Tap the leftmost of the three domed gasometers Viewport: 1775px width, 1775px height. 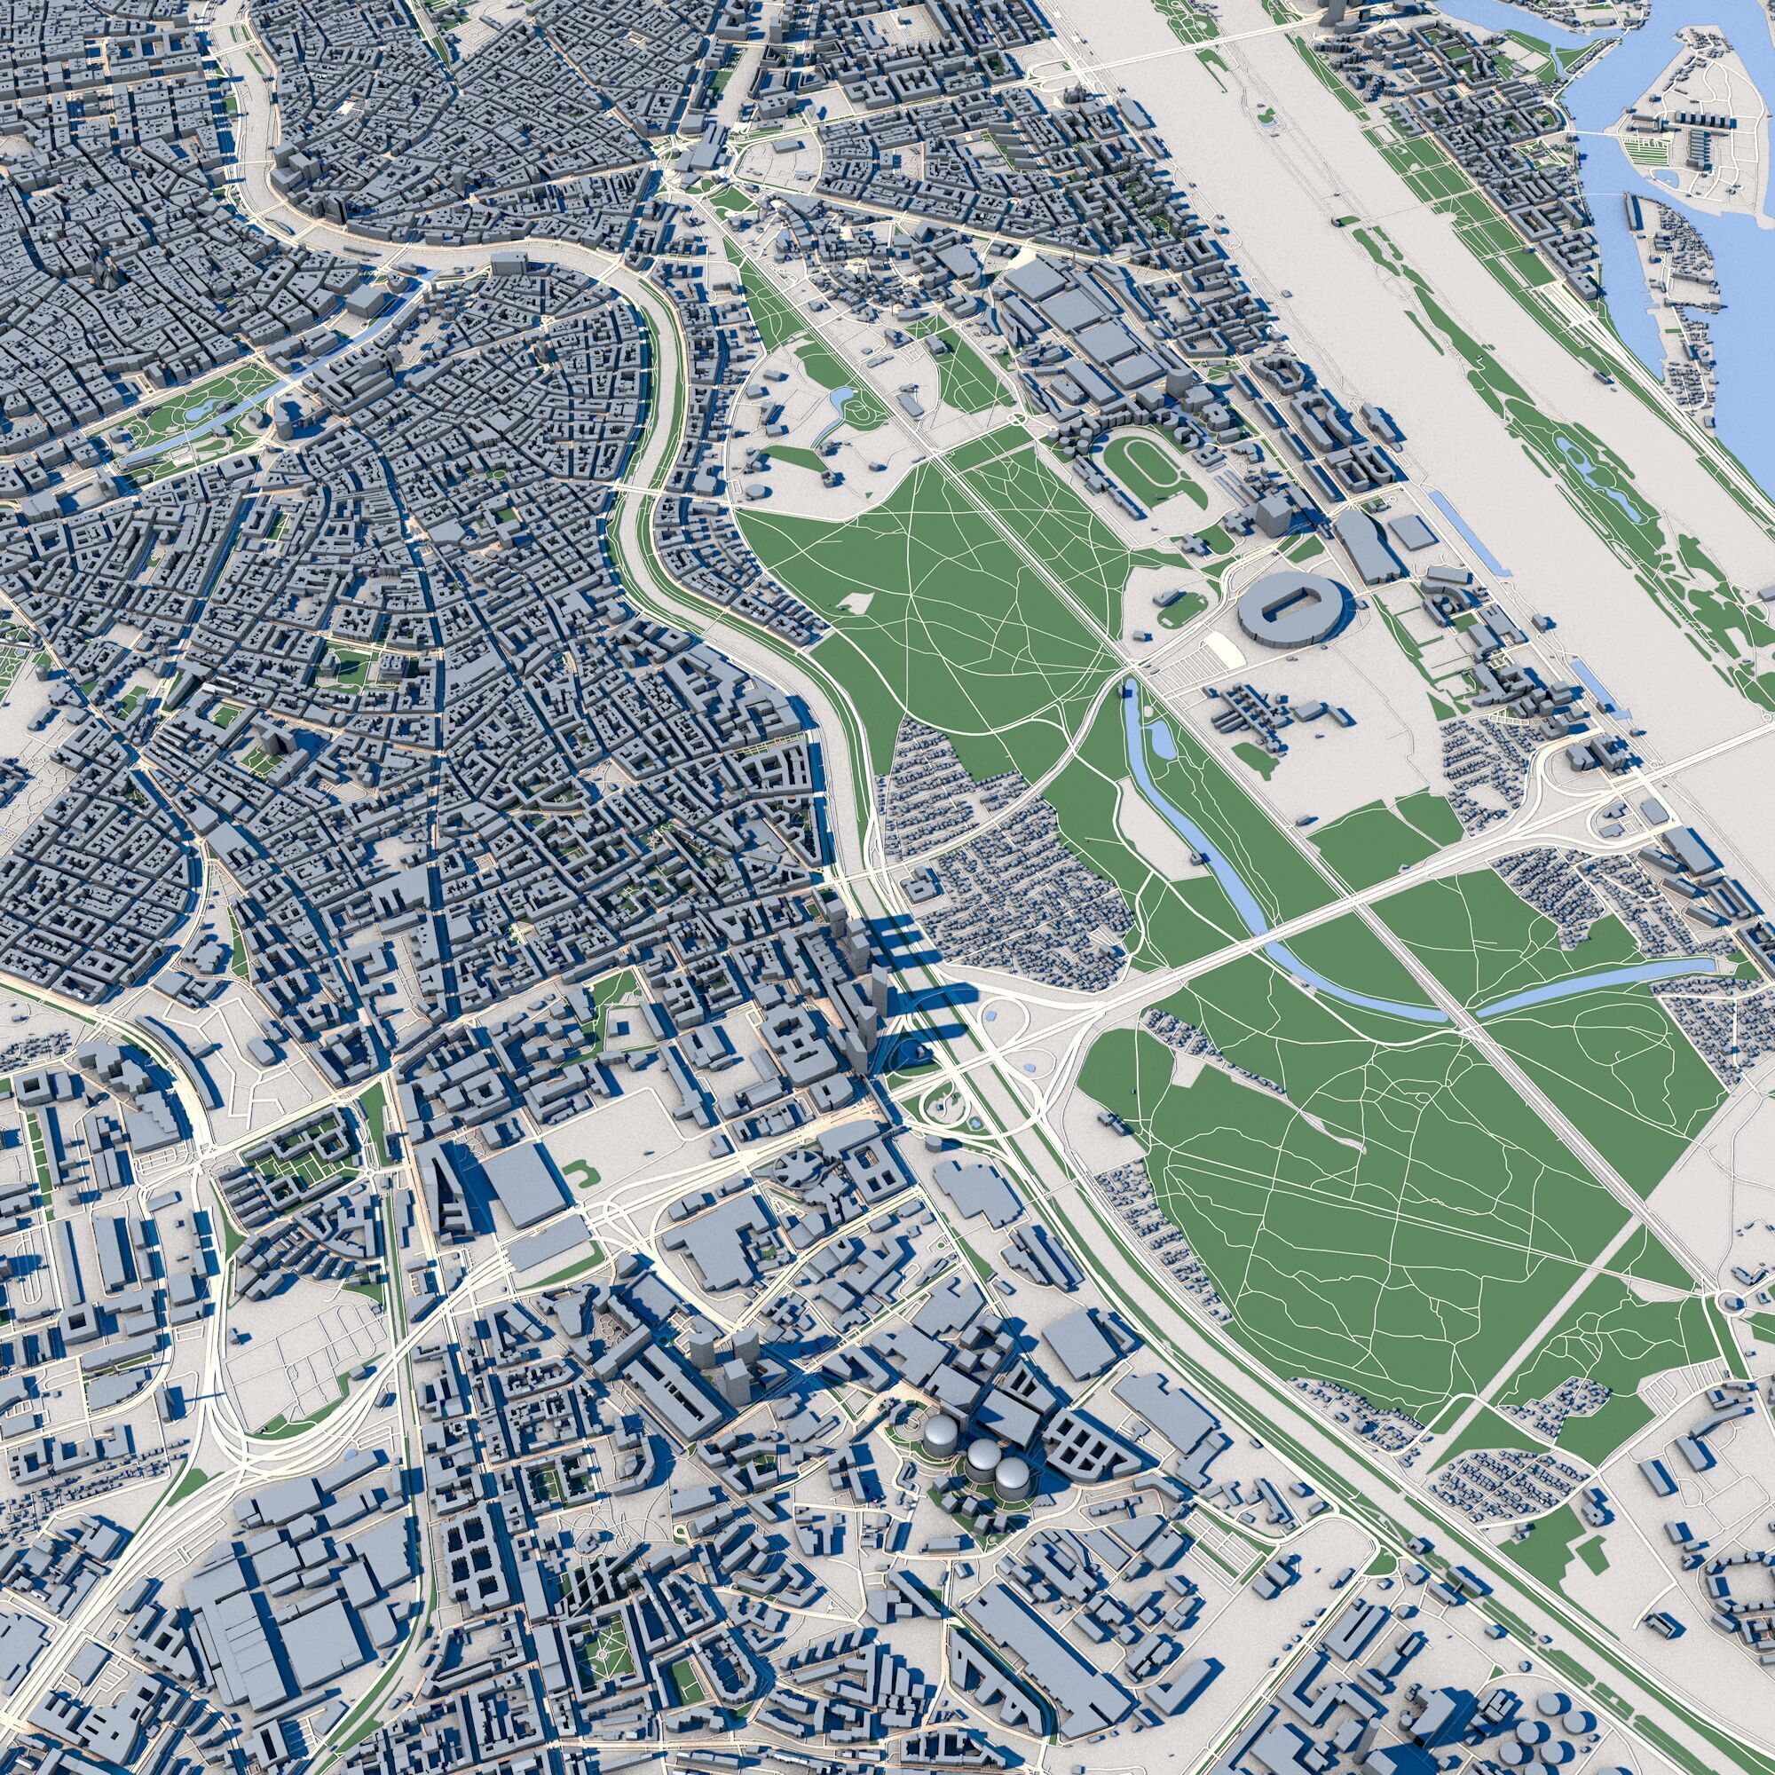pos(939,1431)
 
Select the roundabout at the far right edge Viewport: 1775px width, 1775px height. pos(1728,1304)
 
